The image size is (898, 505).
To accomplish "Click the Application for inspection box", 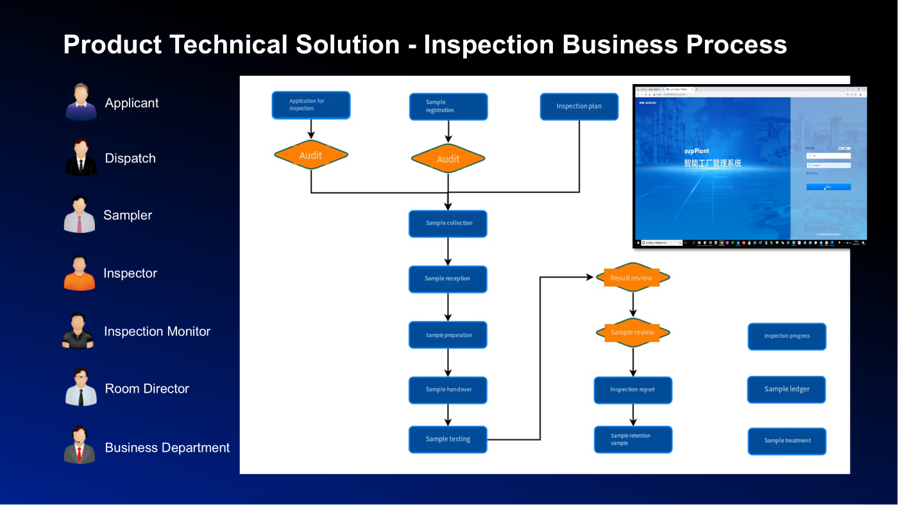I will tap(311, 105).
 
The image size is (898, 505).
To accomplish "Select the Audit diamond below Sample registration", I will tap(448, 158).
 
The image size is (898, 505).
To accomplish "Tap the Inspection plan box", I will tap(579, 107).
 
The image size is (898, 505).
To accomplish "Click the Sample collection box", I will tap(448, 223).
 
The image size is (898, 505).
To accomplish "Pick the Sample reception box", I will tap(448, 279).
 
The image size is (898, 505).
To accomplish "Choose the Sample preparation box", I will tap(448, 335).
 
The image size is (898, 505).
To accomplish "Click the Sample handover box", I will tap(448, 389).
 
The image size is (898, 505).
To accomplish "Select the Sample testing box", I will tap(448, 440).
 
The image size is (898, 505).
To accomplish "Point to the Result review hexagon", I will tap(632, 278).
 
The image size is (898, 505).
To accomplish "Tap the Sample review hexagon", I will tap(632, 332).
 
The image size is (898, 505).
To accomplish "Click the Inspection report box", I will tap(632, 389).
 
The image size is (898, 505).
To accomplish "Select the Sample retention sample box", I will tap(632, 440).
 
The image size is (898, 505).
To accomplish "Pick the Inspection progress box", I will tap(787, 336).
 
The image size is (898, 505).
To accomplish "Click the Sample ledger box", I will tap(786, 389).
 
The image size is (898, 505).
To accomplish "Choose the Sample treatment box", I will tap(787, 441).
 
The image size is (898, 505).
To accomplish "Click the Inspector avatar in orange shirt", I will tap(80, 273).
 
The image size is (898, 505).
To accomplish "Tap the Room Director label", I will tap(147, 389).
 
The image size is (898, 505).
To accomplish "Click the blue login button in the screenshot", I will tap(828, 187).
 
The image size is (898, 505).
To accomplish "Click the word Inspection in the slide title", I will tap(489, 45).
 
